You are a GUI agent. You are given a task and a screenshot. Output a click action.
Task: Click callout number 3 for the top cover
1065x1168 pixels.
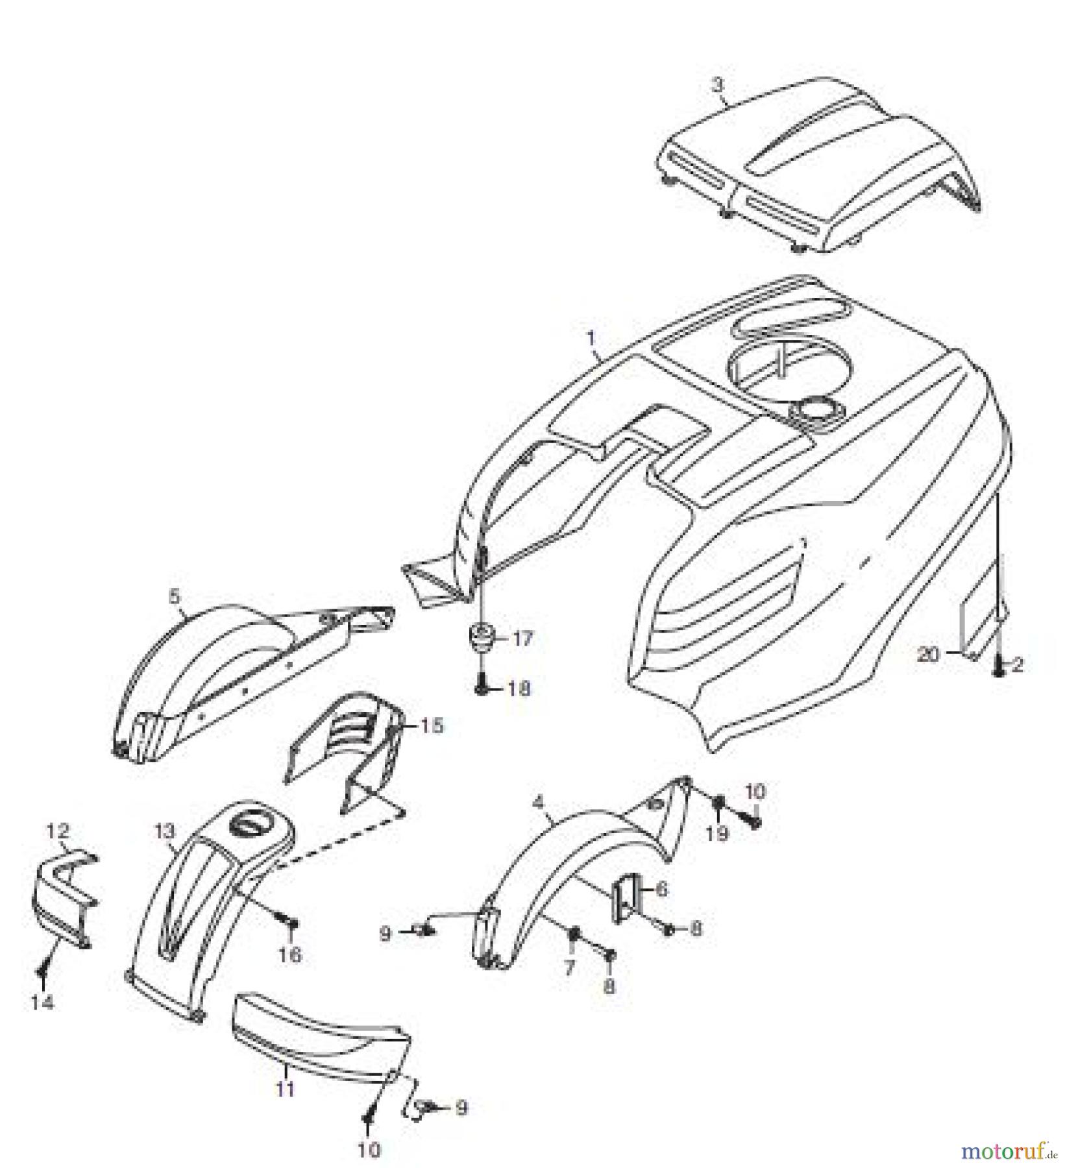(716, 84)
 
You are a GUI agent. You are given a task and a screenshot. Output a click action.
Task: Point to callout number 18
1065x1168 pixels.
(519, 688)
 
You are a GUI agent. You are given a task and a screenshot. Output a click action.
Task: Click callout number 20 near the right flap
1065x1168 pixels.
(929, 655)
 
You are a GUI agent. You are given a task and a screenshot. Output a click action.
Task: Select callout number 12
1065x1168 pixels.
(57, 831)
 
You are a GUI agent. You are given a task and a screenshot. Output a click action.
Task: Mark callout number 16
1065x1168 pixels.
(290, 955)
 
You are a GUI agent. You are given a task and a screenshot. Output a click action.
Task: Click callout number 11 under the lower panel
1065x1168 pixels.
(285, 1088)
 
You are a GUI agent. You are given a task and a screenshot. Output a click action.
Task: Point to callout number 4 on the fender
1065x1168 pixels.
(537, 803)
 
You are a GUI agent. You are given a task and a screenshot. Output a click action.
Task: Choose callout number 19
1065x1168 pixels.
(717, 834)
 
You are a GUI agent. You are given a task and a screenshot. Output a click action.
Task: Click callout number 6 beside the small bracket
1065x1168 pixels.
(661, 888)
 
